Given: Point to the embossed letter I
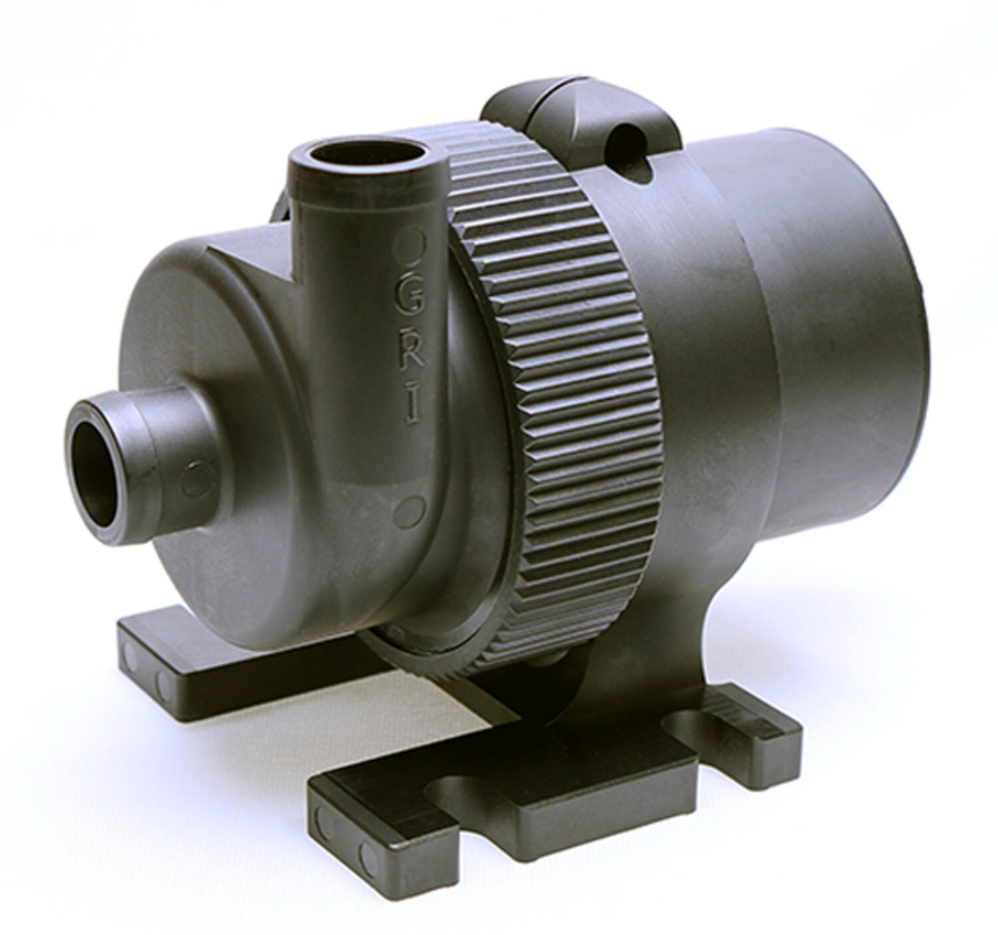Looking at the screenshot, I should [413, 407].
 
